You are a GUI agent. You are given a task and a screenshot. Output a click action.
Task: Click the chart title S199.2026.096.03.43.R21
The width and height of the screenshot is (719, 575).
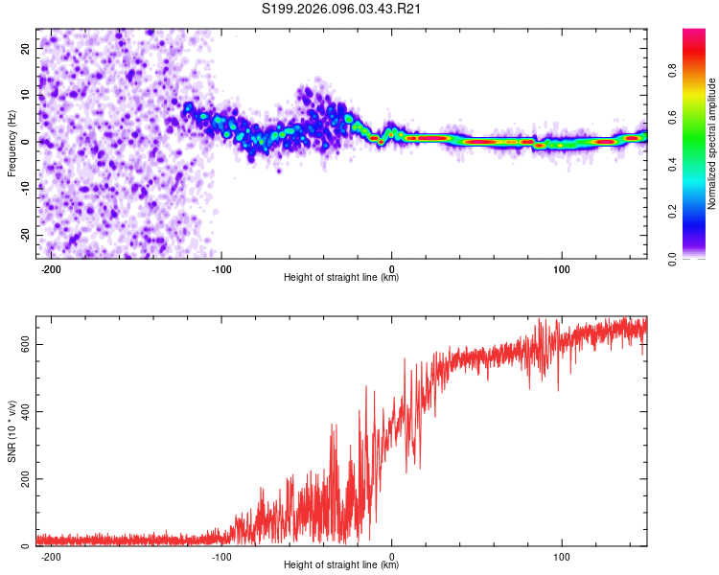pos(342,9)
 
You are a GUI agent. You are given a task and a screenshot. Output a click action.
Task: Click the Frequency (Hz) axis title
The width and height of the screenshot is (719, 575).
pos(12,143)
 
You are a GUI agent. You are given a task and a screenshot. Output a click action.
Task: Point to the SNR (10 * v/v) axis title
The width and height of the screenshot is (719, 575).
pos(12,431)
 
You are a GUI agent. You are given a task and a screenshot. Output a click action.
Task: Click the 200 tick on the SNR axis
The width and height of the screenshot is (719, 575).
pos(23,479)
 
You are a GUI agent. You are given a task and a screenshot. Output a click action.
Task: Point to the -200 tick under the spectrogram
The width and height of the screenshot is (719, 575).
pos(51,269)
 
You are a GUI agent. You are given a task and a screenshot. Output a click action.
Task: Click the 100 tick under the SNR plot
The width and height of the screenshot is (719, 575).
pos(563,557)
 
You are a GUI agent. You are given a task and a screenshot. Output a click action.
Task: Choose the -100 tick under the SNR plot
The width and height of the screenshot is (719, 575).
pos(220,557)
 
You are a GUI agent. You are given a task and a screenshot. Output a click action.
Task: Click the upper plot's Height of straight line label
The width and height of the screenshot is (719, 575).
pos(341,278)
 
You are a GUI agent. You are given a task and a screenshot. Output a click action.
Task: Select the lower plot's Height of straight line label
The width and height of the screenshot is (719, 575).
pos(341,565)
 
